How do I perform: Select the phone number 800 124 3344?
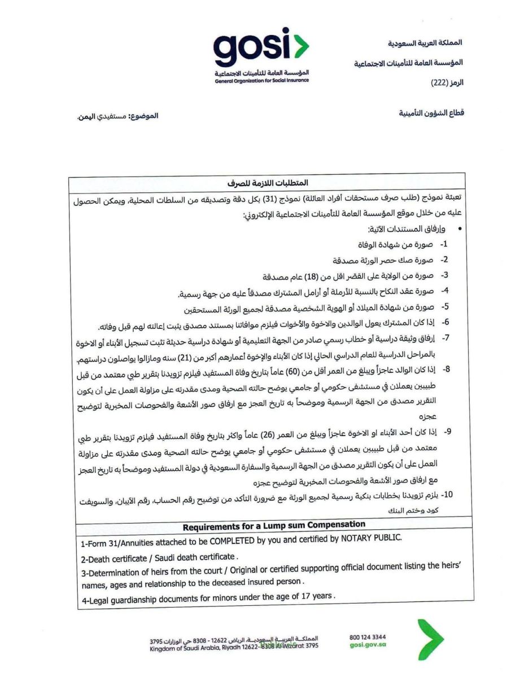coord(368,637)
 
